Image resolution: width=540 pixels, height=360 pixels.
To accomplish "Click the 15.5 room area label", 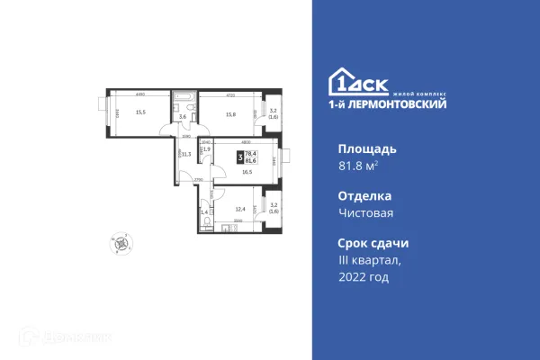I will point(140,112).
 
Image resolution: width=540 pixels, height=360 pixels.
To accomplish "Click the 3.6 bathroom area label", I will point(182,117).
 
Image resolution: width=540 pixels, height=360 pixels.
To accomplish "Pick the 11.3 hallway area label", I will point(186,154).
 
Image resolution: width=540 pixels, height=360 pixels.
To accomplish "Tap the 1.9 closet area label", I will point(206,148).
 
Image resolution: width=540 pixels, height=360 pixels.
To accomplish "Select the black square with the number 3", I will point(240,156).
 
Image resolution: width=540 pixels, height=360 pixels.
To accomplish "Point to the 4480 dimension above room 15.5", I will point(140,94).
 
